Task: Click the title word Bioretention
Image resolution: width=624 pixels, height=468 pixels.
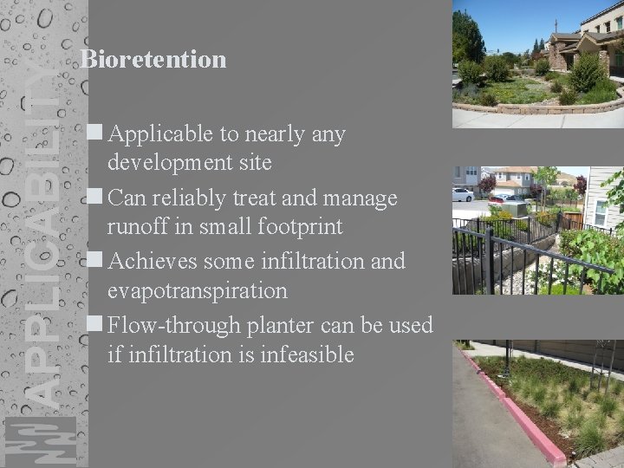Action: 153,59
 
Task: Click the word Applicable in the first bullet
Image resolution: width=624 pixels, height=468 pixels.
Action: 162,134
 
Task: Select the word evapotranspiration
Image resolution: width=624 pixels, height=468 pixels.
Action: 197,290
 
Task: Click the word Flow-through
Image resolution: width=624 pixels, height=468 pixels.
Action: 176,326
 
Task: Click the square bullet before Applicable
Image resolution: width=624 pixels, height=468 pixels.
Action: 95,133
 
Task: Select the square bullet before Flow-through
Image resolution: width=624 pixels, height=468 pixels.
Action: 95,325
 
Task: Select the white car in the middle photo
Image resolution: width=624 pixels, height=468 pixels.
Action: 462,194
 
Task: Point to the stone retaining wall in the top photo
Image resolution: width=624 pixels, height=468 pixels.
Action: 520,109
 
